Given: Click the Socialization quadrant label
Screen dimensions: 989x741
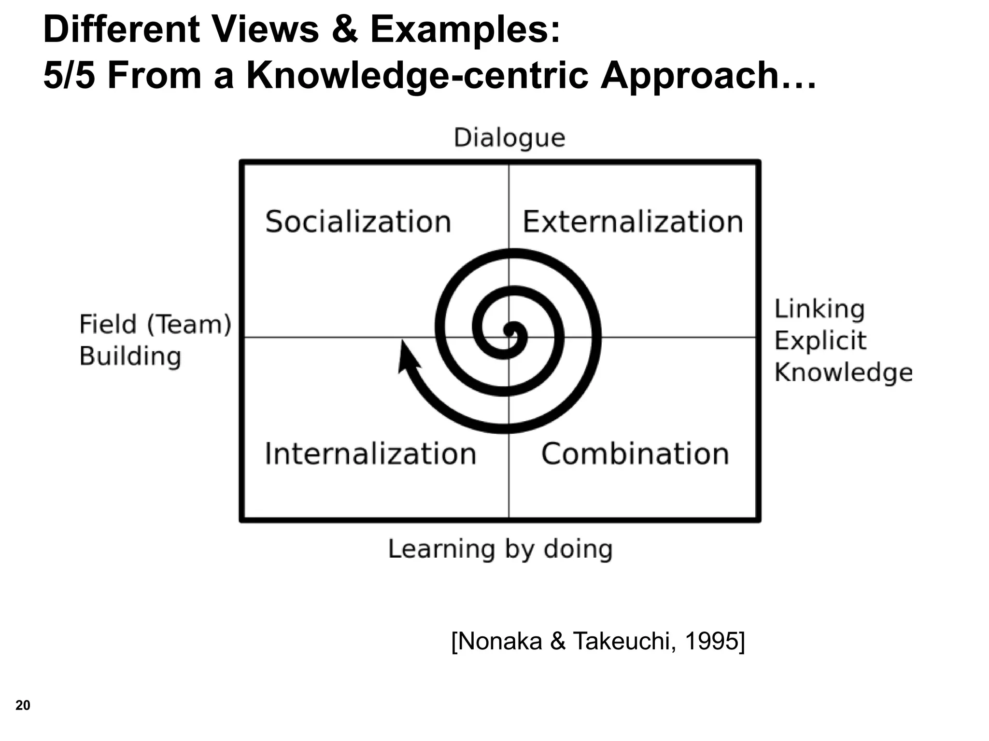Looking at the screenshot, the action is point(358,222).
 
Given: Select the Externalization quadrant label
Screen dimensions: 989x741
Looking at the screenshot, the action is point(633,222).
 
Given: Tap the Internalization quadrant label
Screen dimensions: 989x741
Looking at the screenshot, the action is point(370,454).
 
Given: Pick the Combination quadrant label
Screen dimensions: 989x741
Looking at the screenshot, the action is point(635,454).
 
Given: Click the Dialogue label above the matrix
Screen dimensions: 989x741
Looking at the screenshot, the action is point(509,138).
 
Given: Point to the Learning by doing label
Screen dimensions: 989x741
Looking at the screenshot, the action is point(500,549).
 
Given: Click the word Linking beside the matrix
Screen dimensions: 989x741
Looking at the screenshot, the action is point(819,309).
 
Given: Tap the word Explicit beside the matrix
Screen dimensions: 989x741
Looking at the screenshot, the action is point(820,341).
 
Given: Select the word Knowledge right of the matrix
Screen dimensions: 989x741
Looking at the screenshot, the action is point(843,372).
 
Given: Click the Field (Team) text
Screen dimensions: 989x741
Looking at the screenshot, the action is point(155,324).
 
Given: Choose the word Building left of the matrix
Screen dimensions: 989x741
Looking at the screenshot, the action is point(130,357).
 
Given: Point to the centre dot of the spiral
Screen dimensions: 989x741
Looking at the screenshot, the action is point(510,330).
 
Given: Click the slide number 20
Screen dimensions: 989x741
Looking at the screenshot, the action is point(23,705).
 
